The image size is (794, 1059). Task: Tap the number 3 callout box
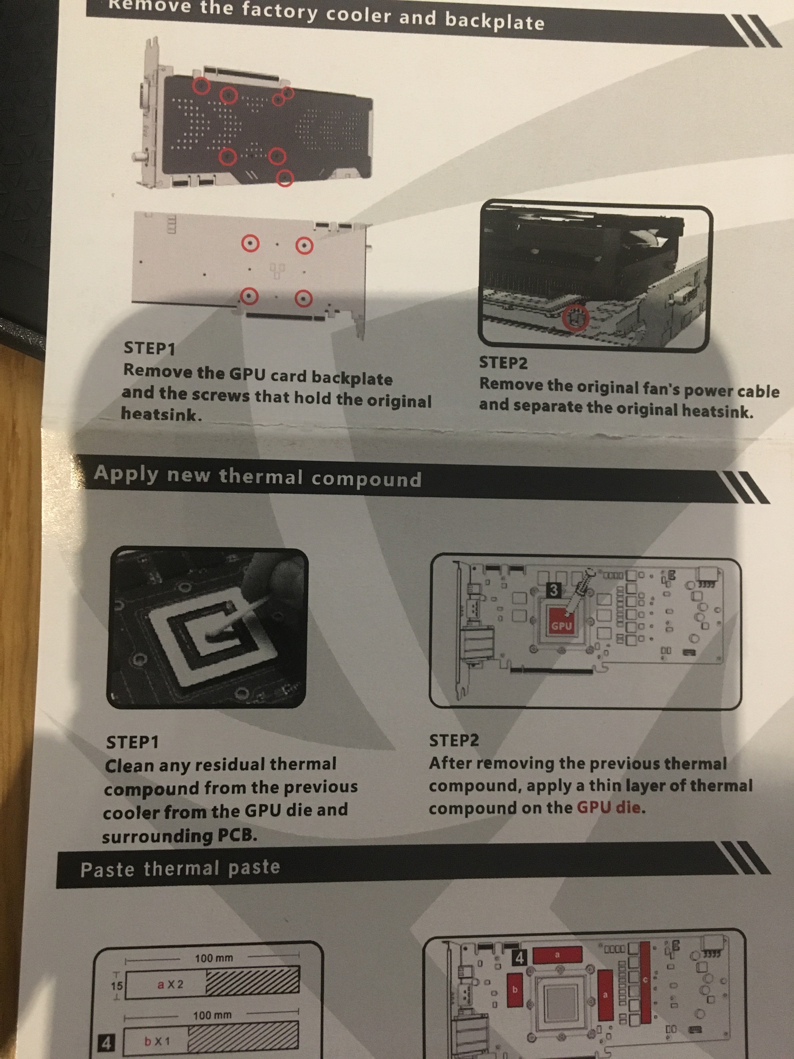[554, 590]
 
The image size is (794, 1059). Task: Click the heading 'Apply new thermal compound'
[258, 477]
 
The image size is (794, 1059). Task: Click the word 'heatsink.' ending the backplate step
[162, 414]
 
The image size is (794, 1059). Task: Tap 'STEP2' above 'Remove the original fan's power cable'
[504, 362]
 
